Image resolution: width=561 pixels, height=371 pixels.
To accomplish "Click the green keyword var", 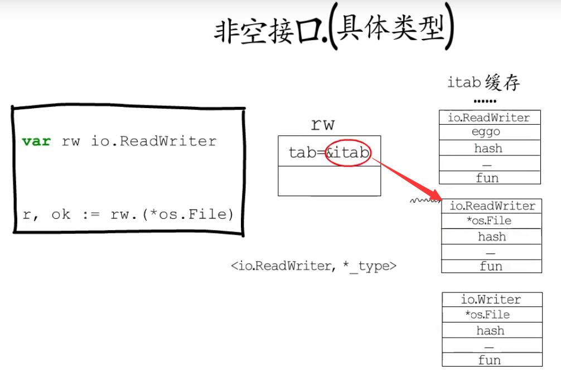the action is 36,141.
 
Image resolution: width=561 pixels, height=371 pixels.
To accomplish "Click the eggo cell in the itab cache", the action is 487,133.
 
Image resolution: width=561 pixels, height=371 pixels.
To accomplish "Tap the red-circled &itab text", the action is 349,153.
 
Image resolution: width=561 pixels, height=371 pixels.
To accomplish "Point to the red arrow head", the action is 437,196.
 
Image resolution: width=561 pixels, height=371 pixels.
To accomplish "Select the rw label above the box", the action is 322,124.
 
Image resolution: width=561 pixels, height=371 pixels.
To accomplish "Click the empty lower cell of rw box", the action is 329,181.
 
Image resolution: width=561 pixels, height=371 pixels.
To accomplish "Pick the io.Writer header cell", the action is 491,300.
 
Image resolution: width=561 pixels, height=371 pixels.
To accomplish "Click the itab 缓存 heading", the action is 483,82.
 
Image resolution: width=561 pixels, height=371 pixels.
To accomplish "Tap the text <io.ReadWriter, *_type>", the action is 314,266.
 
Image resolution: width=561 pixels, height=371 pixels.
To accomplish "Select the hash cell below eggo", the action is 489,148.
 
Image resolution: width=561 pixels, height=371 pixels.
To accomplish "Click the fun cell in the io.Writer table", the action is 490,360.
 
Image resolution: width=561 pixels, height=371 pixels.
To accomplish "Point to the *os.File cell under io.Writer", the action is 487,315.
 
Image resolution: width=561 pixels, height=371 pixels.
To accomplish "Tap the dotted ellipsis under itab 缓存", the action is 485,102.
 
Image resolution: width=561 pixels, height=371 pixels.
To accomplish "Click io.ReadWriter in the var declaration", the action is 153,141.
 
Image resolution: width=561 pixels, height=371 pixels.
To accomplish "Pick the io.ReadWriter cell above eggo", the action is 489,118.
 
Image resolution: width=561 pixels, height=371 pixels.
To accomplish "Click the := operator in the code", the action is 90,214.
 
